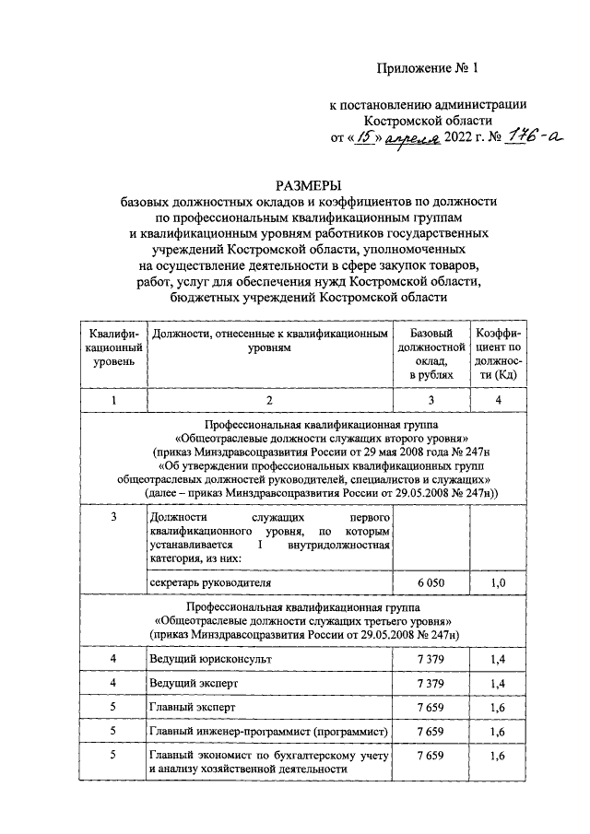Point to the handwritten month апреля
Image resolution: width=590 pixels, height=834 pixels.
pyautogui.click(x=412, y=139)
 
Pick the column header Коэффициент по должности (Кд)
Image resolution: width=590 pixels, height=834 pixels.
pyautogui.click(x=498, y=353)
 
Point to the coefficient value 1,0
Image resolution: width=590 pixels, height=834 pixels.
pyautogui.click(x=498, y=583)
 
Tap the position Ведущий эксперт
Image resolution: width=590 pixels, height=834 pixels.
pyautogui.click(x=193, y=685)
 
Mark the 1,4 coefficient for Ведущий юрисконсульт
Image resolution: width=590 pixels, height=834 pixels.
pyautogui.click(x=498, y=660)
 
